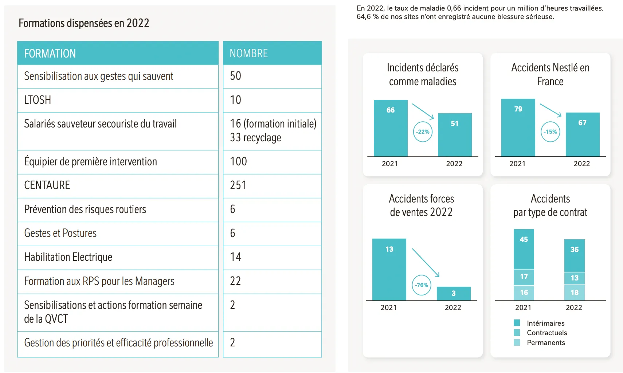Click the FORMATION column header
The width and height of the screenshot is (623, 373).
pos(50,54)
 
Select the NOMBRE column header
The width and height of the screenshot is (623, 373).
pos(248,54)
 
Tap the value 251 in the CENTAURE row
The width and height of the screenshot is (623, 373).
pos(238,185)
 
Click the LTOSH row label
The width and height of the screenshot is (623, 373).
pos(38,100)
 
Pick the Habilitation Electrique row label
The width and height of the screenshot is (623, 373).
pos(68,257)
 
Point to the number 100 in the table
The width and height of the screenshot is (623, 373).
pos(238,161)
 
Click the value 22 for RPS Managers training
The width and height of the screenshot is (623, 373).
pos(235,281)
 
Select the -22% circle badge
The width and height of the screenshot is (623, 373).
pos(423,132)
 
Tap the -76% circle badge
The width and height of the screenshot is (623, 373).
pos(422,285)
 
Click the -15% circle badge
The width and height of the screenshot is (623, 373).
pos(550,132)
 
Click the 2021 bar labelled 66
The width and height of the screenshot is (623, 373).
pos(391,128)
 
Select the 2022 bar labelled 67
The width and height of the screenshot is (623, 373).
pos(582,134)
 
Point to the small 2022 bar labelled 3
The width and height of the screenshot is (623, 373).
pos(454,294)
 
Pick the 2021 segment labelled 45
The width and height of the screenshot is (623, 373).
pos(524,249)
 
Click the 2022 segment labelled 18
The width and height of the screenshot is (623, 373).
pos(575,293)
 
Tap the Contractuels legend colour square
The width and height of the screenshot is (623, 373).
pos(517,333)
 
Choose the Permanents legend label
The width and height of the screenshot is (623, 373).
pos(546,343)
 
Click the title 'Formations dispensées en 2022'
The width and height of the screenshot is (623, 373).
pos(84,23)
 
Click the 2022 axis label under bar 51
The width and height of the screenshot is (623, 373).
pos(454,164)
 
